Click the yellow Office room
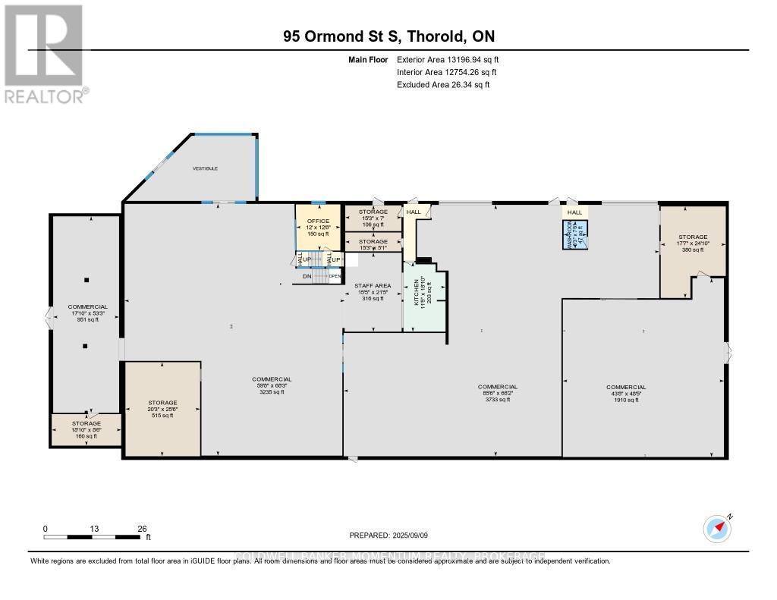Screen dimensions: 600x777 [317, 228]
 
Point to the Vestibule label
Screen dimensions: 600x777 [205, 168]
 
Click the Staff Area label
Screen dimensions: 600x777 [373, 292]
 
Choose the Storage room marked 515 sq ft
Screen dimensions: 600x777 [162, 409]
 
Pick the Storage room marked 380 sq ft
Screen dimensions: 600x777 [693, 243]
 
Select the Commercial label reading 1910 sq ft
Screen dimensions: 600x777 [626, 393]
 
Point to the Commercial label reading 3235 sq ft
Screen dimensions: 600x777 [272, 385]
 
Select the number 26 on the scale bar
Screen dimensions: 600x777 [141, 529]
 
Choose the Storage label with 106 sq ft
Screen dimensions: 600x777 [373, 218]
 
